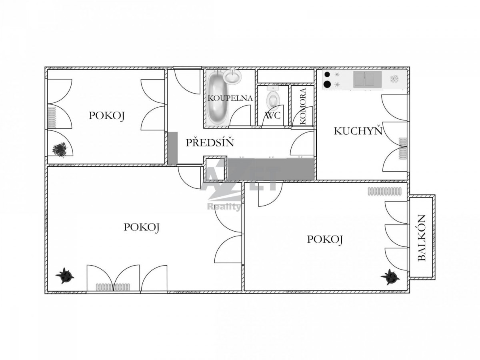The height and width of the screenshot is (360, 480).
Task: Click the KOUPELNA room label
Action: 230,98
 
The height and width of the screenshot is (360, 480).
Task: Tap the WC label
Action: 272,115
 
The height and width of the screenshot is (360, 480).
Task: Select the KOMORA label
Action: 303,106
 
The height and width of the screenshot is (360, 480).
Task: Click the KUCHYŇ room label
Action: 358,131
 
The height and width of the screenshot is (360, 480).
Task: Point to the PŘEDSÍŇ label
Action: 210,142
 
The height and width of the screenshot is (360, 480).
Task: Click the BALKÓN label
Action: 422,238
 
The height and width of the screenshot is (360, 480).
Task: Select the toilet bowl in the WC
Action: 273,98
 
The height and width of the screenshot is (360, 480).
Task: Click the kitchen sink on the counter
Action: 367,80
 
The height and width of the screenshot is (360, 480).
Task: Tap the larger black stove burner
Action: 327,84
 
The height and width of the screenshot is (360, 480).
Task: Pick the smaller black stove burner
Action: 327,74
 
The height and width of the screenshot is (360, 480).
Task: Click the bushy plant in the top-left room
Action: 60,150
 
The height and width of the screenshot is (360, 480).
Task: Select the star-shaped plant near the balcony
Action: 390,277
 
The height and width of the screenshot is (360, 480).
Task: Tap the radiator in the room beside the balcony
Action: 385,191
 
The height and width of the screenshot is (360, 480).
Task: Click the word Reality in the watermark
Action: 224,207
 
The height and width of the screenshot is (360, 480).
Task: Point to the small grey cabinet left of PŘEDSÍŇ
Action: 172,148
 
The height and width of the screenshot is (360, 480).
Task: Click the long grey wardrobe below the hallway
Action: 271,169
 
